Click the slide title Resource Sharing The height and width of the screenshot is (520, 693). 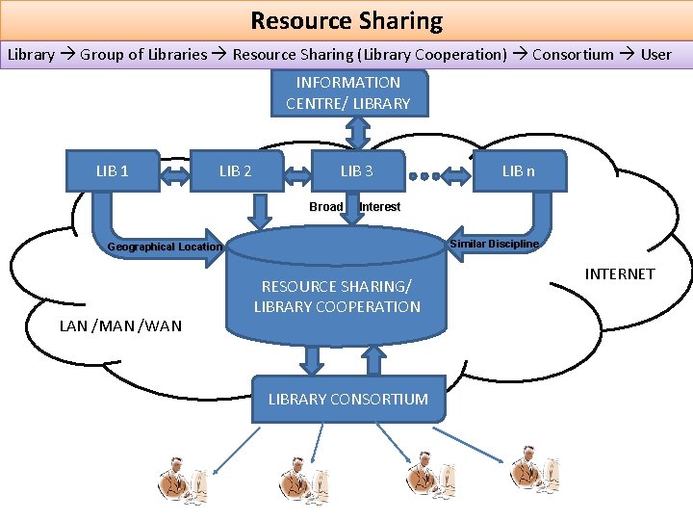(x=346, y=20)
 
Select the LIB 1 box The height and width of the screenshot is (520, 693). (x=112, y=171)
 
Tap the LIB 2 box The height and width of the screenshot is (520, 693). (x=236, y=171)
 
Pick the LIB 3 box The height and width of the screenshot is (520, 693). (x=357, y=171)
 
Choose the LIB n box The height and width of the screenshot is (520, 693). (x=518, y=171)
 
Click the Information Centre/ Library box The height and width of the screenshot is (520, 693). (x=347, y=93)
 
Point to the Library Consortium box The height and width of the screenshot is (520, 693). (x=347, y=399)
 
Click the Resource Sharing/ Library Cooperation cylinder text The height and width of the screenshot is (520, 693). (x=337, y=297)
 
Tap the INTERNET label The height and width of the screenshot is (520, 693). (x=619, y=274)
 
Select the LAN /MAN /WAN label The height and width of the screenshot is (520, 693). (x=120, y=325)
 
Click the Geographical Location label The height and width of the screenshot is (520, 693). (x=165, y=247)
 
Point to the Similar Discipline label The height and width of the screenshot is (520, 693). (x=494, y=244)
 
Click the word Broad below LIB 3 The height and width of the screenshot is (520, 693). (x=326, y=207)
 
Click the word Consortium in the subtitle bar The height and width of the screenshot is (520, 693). (x=573, y=54)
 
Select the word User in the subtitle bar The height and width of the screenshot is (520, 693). (x=655, y=54)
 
